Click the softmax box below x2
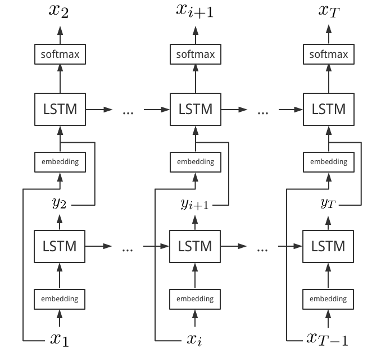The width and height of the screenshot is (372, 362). tap(60, 55)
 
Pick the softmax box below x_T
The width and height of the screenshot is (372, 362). tap(329, 55)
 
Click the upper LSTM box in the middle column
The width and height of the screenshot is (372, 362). tap(195, 109)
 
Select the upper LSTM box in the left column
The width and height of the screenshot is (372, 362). tap(60, 109)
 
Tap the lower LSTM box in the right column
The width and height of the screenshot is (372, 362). tap(329, 246)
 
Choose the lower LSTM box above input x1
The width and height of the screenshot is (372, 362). tap(60, 246)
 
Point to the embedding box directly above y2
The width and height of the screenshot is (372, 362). tap(60, 162)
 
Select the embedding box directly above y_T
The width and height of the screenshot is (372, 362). tap(329, 162)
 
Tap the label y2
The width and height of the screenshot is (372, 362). tap(60, 205)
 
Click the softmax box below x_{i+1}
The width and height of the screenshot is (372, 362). tap(195, 55)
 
